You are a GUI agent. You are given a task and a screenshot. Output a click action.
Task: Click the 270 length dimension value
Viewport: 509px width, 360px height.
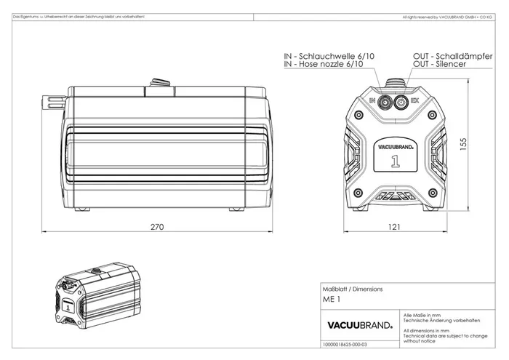(157, 227)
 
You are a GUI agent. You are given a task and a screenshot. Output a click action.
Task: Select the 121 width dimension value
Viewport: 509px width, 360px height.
(393, 227)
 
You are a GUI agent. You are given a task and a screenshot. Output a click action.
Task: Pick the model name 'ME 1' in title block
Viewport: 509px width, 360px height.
(331, 300)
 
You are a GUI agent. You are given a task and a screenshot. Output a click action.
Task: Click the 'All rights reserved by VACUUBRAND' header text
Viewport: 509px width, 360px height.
(449, 15)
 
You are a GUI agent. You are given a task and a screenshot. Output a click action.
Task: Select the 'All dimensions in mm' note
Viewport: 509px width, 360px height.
(425, 329)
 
